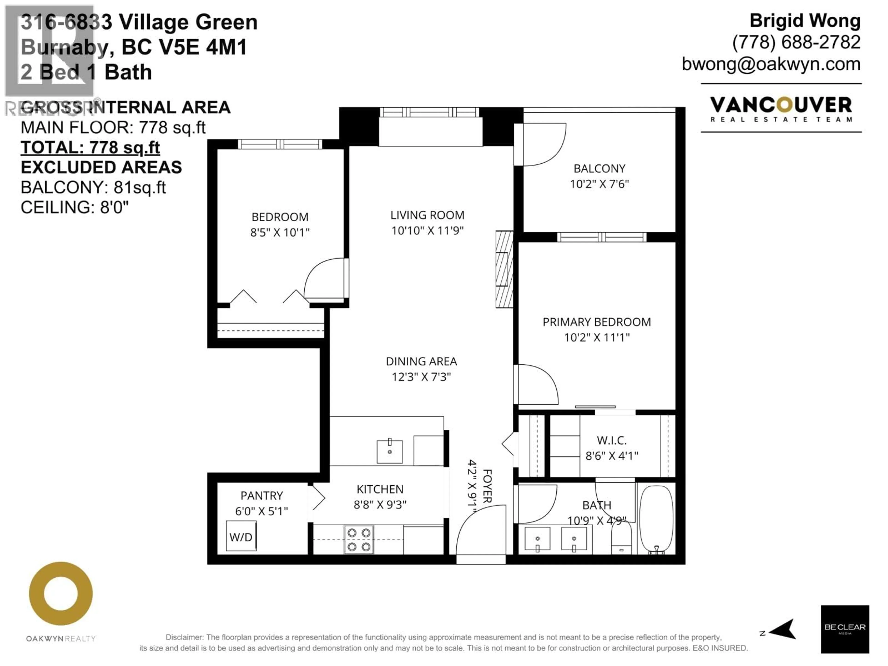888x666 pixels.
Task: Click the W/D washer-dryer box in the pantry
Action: point(241,536)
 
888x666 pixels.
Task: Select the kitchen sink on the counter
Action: point(389,452)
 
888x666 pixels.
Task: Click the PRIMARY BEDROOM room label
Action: point(597,322)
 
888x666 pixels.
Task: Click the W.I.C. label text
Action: point(611,440)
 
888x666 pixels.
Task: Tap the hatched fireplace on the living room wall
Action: point(504,269)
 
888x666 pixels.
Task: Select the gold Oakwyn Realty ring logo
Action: point(61,594)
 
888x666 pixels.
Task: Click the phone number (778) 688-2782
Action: point(796,43)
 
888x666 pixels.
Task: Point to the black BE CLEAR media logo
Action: point(845,629)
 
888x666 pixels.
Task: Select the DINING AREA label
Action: point(421,361)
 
